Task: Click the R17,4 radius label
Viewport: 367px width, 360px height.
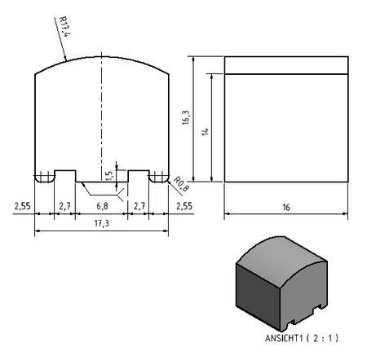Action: [65, 27]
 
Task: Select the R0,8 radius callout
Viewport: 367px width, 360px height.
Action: [181, 184]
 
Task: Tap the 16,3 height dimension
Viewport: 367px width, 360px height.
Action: [186, 117]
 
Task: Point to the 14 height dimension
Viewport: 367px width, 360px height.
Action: [206, 132]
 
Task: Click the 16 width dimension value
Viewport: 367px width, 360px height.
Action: [286, 208]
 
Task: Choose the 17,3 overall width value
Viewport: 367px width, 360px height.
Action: [101, 223]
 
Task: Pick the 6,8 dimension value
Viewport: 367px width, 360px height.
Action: [102, 206]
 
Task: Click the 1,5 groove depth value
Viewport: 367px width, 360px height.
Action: [108, 176]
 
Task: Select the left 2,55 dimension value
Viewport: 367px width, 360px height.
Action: [22, 206]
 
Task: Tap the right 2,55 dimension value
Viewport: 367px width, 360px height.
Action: [184, 206]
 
